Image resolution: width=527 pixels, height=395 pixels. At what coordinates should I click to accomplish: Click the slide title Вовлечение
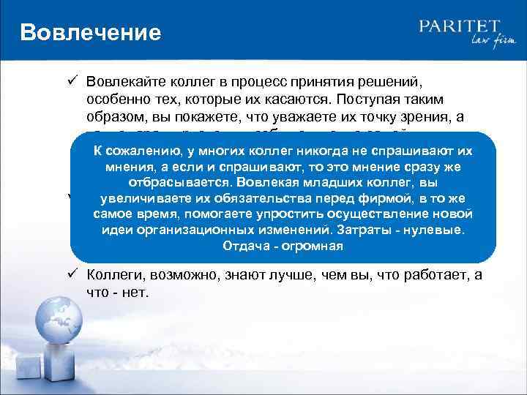[x=90, y=33]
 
